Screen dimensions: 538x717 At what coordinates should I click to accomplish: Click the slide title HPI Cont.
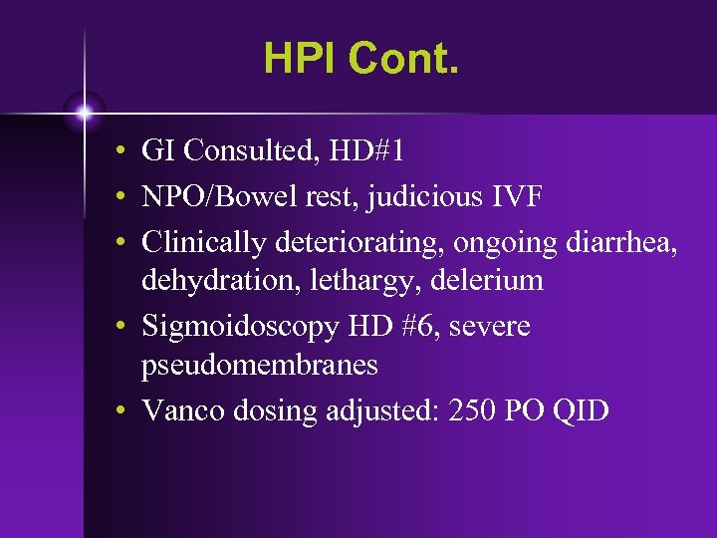(x=362, y=59)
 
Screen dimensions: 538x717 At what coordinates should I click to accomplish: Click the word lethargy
(x=344, y=282)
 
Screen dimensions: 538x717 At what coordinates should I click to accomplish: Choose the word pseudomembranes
(x=260, y=366)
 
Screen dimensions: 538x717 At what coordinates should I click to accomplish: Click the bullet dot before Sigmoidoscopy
(x=119, y=326)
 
